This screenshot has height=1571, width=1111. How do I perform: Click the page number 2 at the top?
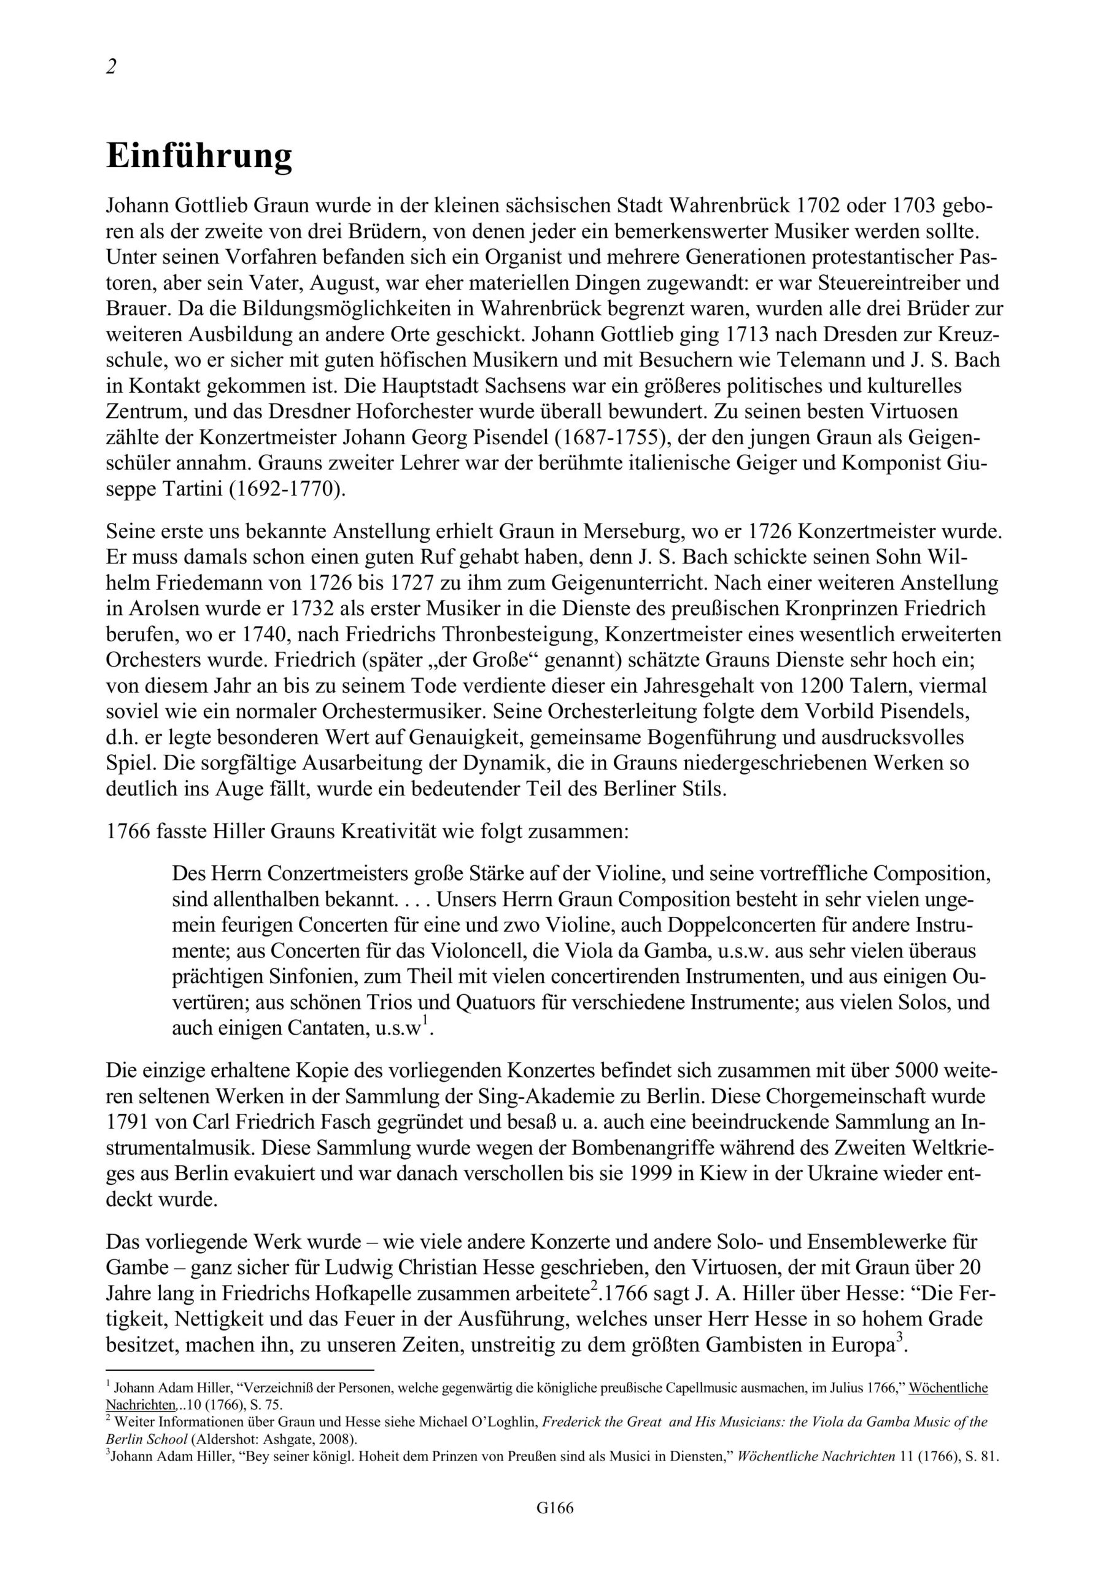pos(112,66)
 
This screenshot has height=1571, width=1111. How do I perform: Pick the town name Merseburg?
pos(641,530)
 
